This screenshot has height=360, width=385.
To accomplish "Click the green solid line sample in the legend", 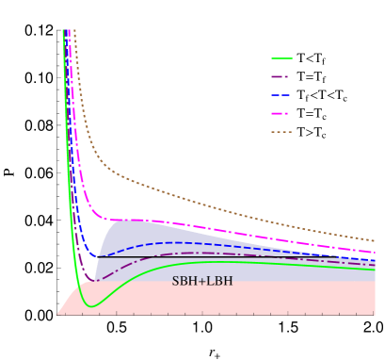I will pyautogui.click(x=281, y=58).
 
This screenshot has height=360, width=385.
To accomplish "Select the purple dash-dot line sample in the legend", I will pyautogui.click(x=281, y=76).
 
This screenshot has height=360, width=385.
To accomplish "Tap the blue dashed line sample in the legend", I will pyautogui.click(x=281, y=95).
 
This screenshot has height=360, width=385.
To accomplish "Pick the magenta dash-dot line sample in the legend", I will pyautogui.click(x=281, y=113).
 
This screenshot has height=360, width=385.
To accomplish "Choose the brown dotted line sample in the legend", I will pyautogui.click(x=281, y=132).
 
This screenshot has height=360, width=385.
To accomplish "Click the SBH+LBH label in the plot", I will pyautogui.click(x=201, y=281).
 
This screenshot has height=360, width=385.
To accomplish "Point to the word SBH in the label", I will pyautogui.click(x=184, y=281).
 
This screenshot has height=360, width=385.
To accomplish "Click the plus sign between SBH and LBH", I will pyautogui.click(x=201, y=281).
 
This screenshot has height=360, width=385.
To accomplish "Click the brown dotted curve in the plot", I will pyautogui.click(x=188, y=192).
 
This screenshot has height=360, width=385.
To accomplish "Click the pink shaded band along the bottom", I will pyautogui.click(x=235, y=300).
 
